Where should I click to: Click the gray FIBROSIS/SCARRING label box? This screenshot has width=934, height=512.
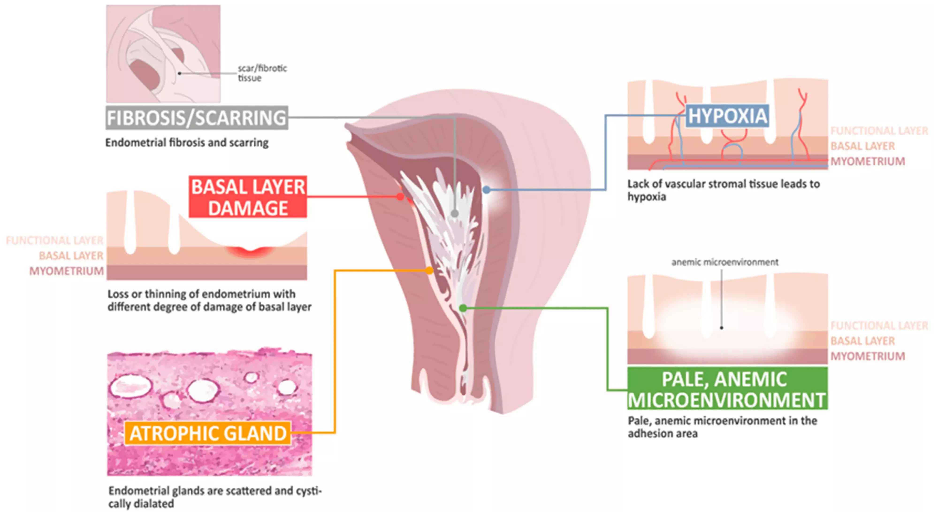point(197,118)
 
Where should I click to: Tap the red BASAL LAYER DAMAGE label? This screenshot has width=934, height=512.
point(248,197)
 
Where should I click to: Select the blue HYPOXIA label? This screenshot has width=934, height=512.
point(727,116)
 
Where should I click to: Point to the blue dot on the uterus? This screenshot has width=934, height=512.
point(487,189)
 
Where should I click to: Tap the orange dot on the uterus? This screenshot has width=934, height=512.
point(429,270)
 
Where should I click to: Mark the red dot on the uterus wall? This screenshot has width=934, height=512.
point(400,197)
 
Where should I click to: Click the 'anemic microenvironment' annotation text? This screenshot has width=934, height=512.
point(724,262)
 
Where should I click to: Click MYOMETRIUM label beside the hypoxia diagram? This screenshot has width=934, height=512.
point(867,161)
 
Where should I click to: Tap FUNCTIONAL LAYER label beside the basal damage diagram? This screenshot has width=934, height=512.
point(55,240)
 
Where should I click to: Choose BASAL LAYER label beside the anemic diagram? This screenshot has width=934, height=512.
point(863,341)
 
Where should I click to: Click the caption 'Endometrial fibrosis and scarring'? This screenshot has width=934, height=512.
point(187,143)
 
